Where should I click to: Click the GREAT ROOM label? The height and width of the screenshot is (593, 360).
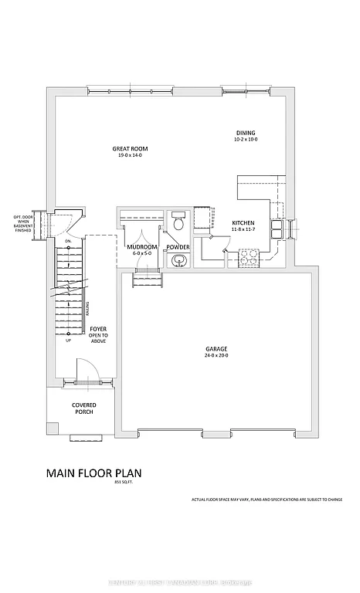130,148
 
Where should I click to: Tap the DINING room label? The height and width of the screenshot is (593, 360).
246,133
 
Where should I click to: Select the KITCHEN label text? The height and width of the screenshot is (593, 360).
243,224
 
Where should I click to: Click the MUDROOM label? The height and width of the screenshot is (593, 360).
143,247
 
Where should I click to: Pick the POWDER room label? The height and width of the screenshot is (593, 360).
178,247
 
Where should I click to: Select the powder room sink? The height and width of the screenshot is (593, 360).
179,260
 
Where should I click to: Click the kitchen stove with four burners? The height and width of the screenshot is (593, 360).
250,255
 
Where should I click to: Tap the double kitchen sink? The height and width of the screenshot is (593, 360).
277,230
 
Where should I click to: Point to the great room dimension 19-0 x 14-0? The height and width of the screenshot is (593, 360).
130,156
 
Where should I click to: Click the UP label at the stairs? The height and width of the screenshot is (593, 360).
68,341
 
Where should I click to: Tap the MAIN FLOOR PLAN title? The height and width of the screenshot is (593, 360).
94,473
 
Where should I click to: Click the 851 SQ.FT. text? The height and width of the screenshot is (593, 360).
124,482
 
